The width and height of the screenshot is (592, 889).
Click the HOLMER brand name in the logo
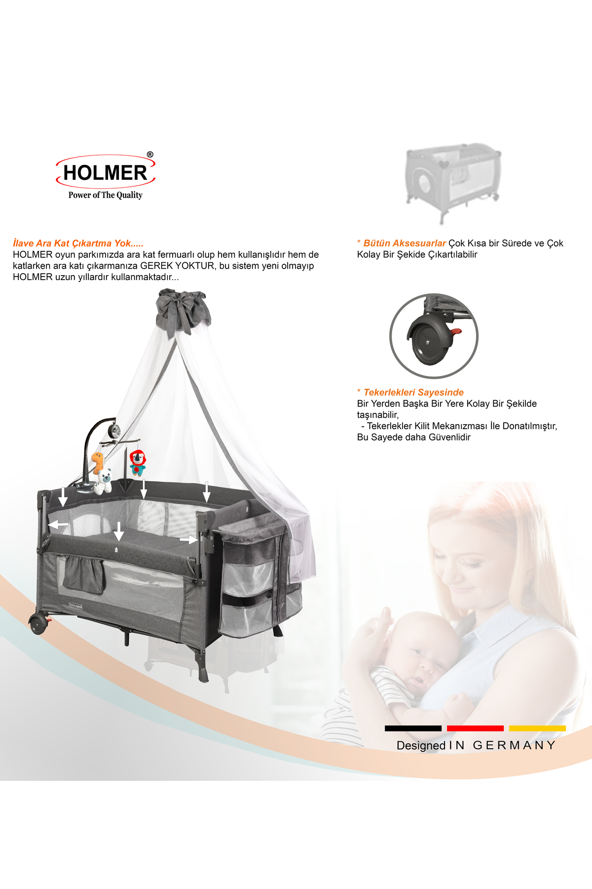click(x=105, y=173)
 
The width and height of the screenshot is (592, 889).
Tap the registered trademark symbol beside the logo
click(x=150, y=155)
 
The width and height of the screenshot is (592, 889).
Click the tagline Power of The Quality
click(x=105, y=195)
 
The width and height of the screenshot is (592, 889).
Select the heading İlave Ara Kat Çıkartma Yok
click(x=78, y=243)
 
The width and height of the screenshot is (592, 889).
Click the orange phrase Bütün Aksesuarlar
click(x=404, y=243)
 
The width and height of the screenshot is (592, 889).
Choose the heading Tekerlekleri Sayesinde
click(x=413, y=392)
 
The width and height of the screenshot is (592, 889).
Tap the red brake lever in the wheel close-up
click(x=457, y=331)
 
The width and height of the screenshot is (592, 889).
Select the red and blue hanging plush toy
click(x=138, y=462)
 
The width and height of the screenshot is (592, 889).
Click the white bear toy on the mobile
click(x=104, y=481)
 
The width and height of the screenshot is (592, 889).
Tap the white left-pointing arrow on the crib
click(x=59, y=524)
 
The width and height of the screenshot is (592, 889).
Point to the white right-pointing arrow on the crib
click(x=188, y=540)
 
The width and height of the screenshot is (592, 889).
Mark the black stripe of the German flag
click(x=413, y=728)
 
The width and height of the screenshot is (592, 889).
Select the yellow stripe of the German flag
click(x=537, y=728)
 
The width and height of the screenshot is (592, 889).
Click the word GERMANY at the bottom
click(x=514, y=745)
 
